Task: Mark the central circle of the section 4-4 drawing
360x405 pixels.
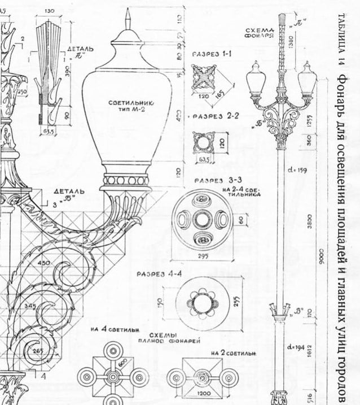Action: click(201, 303)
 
